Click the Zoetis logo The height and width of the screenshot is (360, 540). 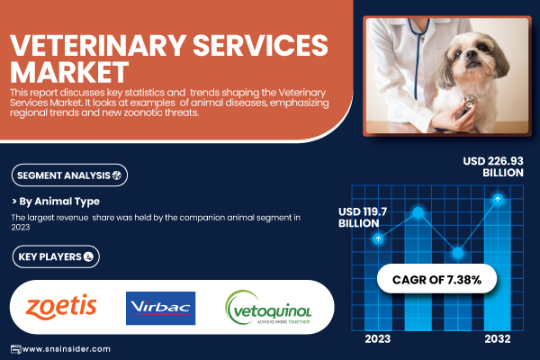click(61, 307)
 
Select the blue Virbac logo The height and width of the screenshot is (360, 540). click(160, 308)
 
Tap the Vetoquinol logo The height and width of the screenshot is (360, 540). click(268, 307)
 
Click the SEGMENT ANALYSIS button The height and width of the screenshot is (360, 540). click(69, 175)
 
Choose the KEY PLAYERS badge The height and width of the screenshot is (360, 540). click(56, 256)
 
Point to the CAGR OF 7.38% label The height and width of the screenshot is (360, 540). click(436, 279)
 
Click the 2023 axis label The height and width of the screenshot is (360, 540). click(378, 339)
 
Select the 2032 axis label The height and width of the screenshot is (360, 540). click(498, 339)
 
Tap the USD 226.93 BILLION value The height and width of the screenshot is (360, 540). click(493, 166)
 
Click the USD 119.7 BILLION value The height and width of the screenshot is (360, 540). click(363, 218)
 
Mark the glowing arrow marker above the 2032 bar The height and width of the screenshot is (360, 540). click(498, 199)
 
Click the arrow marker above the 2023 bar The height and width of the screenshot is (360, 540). click(378, 238)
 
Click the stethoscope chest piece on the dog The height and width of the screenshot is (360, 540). click(467, 103)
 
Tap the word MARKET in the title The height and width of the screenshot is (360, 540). click(69, 72)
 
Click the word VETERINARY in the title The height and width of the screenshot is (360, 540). click(98, 45)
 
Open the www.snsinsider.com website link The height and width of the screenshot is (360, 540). click(67, 349)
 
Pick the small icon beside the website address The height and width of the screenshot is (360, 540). click(16, 349)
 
